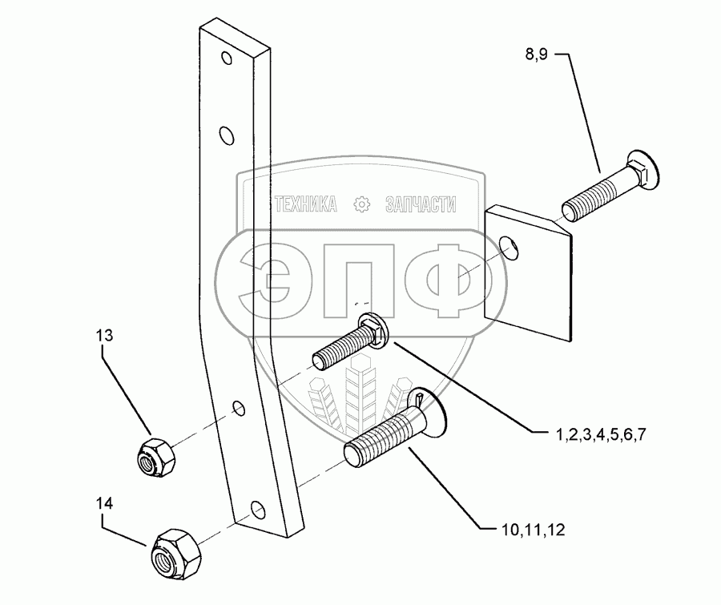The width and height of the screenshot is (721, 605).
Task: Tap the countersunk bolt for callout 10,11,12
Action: (393, 430)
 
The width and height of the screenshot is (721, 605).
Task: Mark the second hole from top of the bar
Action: (227, 131)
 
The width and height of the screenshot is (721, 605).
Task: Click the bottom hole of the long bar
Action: (256, 509)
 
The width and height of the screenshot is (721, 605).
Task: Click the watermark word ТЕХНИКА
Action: (305, 205)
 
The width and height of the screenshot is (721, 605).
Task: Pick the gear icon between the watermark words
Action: (362, 205)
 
